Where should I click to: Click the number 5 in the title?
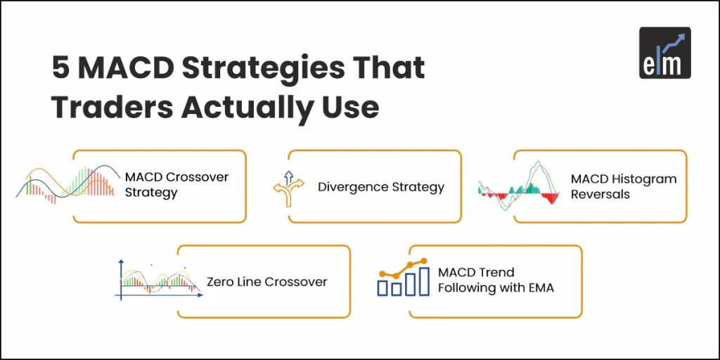coord(60,68)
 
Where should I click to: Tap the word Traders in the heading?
coord(110,107)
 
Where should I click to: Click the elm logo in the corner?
coord(664,53)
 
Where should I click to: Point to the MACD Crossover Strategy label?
coord(176,185)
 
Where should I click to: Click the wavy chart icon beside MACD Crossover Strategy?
coord(68,185)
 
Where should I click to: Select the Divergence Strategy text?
coord(380,187)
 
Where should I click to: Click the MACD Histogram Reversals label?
coord(623,186)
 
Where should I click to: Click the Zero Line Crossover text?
coord(266,282)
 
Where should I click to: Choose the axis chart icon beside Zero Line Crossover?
coord(159,280)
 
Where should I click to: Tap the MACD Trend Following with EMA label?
coord(496,280)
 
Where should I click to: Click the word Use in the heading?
coord(352,107)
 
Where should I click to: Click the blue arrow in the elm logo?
coord(678,40)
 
